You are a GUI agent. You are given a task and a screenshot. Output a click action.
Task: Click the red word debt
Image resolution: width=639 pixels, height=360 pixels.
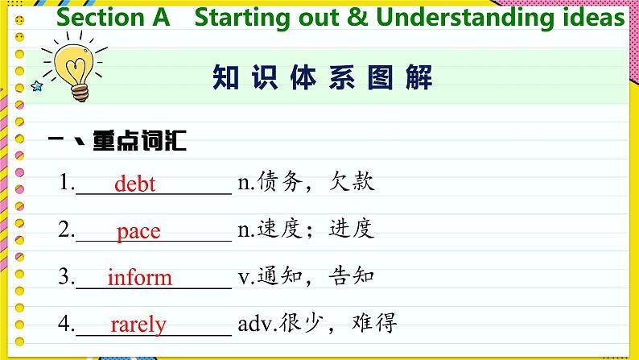point(135,184)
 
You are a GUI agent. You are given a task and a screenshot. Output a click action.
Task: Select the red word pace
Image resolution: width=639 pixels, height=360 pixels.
point(138,233)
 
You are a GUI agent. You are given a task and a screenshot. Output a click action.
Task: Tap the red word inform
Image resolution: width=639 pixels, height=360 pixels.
point(140,277)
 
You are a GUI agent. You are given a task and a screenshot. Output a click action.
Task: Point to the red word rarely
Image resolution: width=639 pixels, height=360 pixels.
point(138,325)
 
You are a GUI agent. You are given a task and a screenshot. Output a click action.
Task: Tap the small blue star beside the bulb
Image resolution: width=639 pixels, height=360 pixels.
point(37,86)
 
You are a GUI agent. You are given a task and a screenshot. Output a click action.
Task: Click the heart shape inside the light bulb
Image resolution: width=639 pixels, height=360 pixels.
point(76,69)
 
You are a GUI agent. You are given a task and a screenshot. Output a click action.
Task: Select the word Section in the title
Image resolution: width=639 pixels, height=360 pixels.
point(101,18)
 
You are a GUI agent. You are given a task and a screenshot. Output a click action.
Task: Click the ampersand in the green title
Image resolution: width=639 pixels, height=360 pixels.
point(357,18)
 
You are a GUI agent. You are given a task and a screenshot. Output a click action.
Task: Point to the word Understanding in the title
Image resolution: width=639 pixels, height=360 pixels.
point(465,19)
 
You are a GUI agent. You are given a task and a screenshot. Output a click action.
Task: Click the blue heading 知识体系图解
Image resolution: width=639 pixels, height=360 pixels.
point(323,77)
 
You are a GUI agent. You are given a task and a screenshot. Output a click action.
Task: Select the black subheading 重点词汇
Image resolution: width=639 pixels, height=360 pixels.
point(140,141)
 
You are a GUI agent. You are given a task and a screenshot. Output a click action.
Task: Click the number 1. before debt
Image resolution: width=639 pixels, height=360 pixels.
point(67,182)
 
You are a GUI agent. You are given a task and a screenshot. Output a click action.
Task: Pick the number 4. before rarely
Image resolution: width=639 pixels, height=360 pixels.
point(67,324)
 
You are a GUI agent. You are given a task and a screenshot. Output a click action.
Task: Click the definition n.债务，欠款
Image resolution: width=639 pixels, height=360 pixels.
point(306,181)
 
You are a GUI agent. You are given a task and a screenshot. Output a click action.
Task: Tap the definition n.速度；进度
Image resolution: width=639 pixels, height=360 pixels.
point(306,228)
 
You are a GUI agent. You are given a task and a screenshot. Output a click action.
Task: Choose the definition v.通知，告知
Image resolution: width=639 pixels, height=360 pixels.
point(306,275)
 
